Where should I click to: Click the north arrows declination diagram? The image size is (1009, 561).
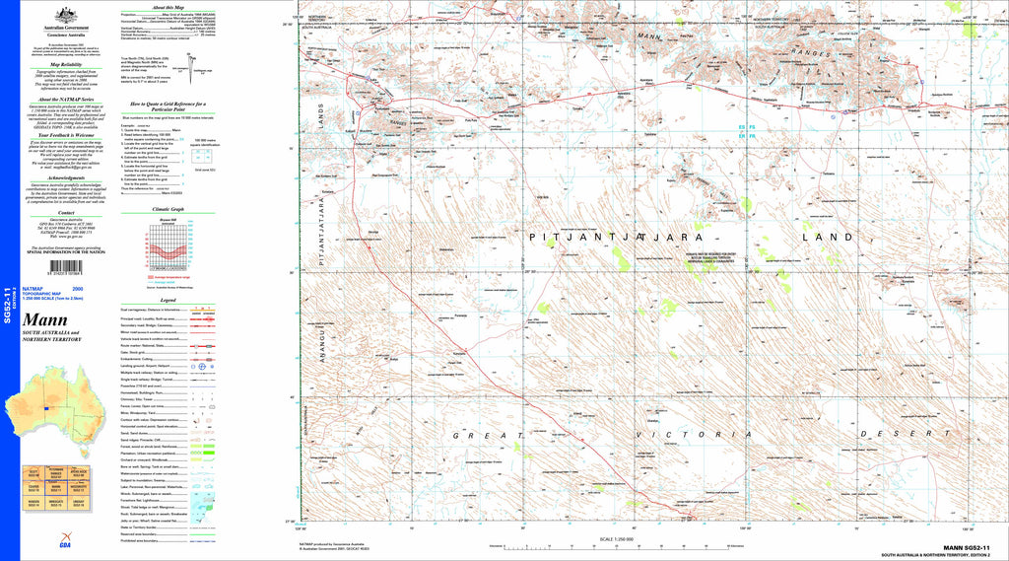(x=201, y=71)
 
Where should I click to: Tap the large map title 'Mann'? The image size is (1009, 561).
(x=43, y=320)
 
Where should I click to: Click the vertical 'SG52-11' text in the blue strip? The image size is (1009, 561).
(x=8, y=305)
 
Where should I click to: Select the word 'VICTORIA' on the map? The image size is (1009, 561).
(x=679, y=434)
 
